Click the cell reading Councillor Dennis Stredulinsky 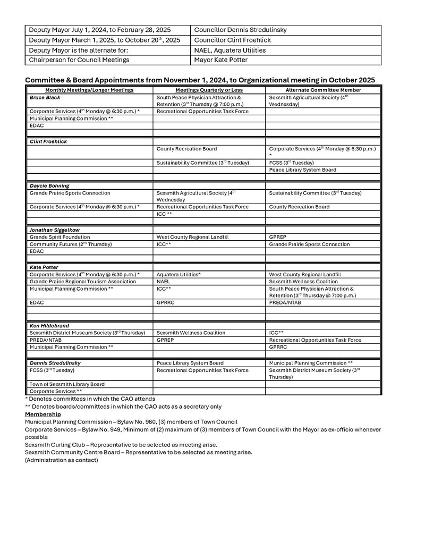[241, 30]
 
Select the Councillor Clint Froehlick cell [233, 40]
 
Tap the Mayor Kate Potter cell [221, 60]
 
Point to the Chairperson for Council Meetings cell [79, 60]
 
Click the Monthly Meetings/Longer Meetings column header [89, 90]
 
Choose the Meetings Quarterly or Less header [209, 90]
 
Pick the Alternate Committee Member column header [323, 90]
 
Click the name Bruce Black [45, 98]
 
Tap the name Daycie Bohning [49, 186]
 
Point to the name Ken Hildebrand [49, 326]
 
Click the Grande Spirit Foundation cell [60, 237]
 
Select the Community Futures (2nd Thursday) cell [71, 244]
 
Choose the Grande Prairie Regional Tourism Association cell [83, 281]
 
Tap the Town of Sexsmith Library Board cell [67, 384]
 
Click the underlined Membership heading [43, 414]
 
